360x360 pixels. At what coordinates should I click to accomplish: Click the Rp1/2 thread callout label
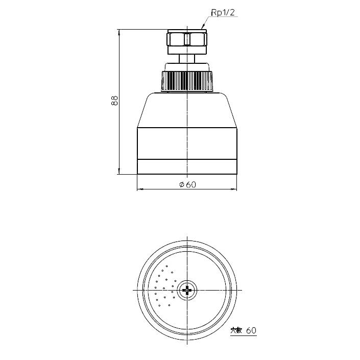[x=223, y=13]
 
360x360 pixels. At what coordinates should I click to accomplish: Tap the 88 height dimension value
[x=114, y=101]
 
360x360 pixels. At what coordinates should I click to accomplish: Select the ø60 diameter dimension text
[x=187, y=184]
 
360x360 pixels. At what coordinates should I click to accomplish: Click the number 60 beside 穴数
[x=251, y=330]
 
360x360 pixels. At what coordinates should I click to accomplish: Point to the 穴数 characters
[x=236, y=331]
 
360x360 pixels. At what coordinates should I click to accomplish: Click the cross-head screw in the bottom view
[x=187, y=291]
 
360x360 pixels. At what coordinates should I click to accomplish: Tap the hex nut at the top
[x=187, y=39]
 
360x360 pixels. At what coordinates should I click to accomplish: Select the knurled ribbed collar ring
[x=187, y=81]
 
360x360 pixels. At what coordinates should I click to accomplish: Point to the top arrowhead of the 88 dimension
[x=119, y=32]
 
